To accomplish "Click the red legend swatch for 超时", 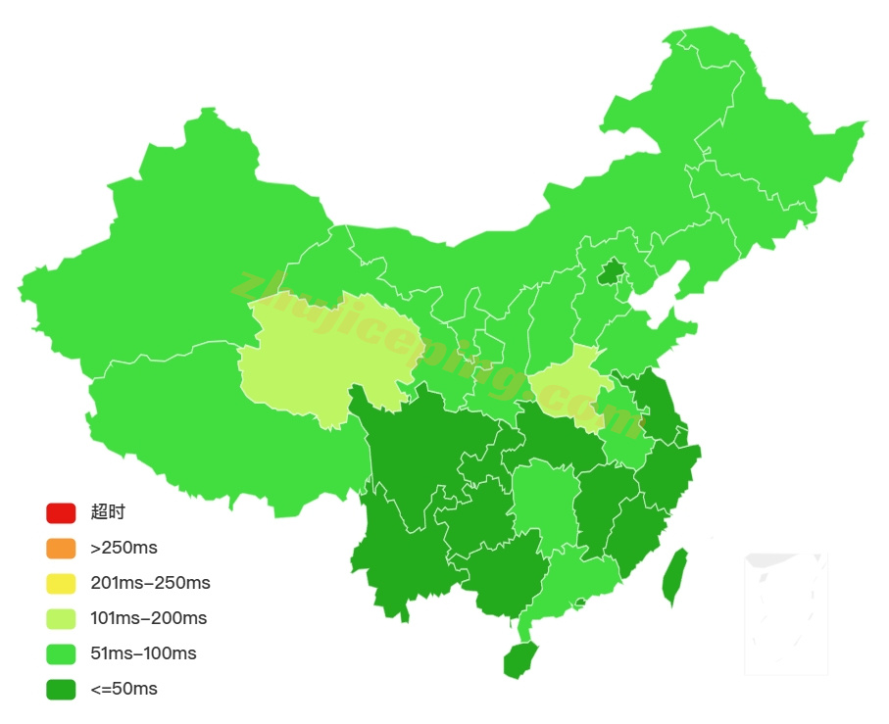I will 61,512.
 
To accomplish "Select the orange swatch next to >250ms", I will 61,548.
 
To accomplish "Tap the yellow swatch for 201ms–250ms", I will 61,583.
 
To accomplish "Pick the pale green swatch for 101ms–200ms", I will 61,618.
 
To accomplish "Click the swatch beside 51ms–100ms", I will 61,653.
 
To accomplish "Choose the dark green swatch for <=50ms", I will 61,689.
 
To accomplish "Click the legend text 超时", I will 108,512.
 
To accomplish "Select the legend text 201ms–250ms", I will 150,583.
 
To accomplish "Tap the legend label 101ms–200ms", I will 148,618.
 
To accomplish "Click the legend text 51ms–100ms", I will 143,653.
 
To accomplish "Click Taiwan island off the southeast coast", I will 674,578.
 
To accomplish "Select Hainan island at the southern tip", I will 520,659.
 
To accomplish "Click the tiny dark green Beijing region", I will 612,271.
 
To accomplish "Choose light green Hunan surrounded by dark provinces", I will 541,500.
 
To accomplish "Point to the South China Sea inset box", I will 786,613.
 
